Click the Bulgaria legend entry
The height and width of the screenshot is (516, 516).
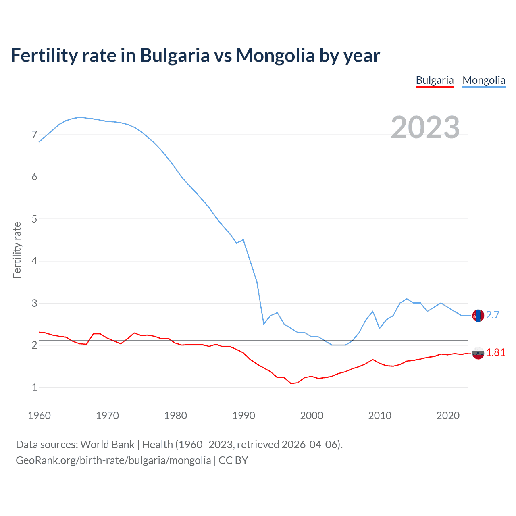point(435,80)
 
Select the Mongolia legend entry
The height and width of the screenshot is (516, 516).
point(484,80)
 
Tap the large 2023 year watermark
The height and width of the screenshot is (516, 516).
point(425,127)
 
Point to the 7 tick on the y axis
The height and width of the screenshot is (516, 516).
point(34,135)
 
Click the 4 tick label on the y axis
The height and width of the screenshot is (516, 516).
point(34,261)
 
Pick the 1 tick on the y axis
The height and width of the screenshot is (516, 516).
point(34,387)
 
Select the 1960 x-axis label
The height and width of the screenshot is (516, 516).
point(39,416)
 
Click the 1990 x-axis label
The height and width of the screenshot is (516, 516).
point(243,416)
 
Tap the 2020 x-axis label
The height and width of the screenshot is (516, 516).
point(448,416)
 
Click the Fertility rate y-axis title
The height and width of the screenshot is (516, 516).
point(17,250)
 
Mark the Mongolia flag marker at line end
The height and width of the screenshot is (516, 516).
point(478,315)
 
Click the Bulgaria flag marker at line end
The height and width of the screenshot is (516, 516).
point(478,353)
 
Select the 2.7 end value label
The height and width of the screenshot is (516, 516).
point(493,315)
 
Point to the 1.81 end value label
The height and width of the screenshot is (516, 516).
point(495,353)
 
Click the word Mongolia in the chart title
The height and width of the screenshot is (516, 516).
point(275,56)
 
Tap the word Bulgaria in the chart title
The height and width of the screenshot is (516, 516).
point(175,56)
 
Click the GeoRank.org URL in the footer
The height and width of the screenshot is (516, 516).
point(113,460)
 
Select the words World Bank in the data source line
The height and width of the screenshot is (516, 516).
point(107,445)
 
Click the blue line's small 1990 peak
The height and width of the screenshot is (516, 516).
point(243,240)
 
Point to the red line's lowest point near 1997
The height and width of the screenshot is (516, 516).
point(291,383)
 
